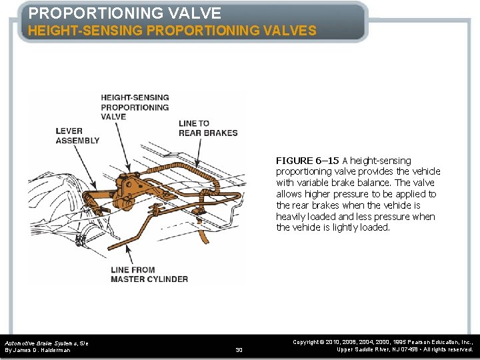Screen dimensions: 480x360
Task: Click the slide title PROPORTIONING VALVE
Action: click(125, 13)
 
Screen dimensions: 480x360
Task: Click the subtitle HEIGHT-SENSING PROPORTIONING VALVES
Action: click(172, 31)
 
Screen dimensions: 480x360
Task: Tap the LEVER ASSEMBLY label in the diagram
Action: click(77, 135)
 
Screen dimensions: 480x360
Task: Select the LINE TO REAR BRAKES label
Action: click(207, 128)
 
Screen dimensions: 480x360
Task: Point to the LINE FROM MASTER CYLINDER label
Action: click(149, 275)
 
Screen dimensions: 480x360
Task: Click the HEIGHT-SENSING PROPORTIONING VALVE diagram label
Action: click(135, 107)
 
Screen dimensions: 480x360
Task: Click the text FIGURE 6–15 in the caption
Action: click(307, 160)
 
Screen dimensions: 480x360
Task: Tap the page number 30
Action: click(239, 349)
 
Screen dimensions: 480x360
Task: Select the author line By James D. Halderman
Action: click(37, 350)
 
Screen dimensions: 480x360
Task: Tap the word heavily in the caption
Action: click(292, 216)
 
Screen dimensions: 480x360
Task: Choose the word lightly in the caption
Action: click(347, 227)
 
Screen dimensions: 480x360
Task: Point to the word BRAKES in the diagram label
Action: click(219, 133)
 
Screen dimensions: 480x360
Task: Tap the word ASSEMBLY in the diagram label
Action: click(77, 140)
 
